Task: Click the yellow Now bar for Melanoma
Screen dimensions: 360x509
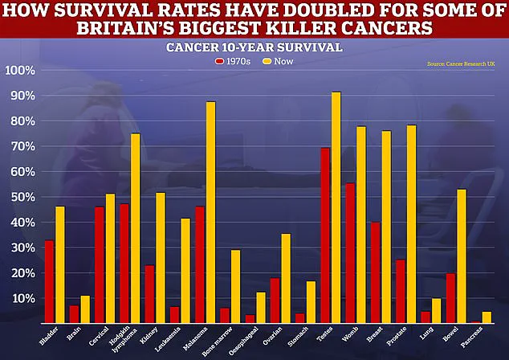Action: click(x=210, y=212)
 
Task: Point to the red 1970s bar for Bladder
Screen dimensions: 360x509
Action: click(x=49, y=281)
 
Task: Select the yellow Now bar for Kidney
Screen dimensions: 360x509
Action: click(x=161, y=257)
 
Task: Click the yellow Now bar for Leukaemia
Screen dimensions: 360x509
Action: click(x=185, y=270)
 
